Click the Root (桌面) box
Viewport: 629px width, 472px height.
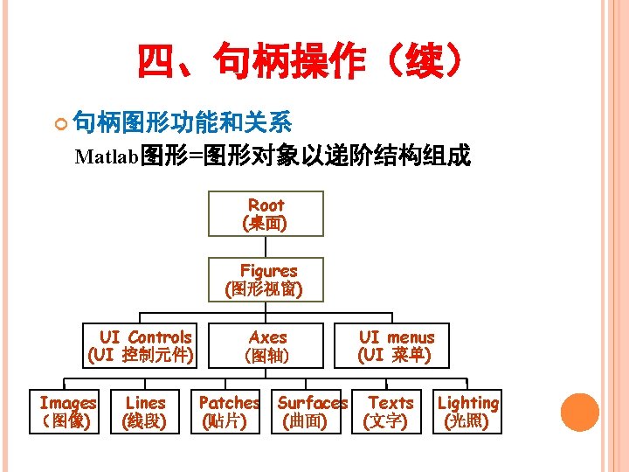click(266, 214)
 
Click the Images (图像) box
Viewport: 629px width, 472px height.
click(66, 412)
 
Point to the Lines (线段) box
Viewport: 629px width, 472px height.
click(145, 412)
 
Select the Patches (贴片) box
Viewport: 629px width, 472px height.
click(229, 412)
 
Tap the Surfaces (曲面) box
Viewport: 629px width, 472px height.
click(312, 412)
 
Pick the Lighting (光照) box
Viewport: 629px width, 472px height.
click(468, 412)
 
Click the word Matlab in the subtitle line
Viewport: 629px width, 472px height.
click(107, 157)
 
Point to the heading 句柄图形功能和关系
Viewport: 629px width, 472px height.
click(182, 121)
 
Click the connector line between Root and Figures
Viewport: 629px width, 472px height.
click(266, 246)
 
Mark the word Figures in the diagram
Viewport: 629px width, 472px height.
click(269, 271)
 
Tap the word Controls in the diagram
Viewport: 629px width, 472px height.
click(159, 337)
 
